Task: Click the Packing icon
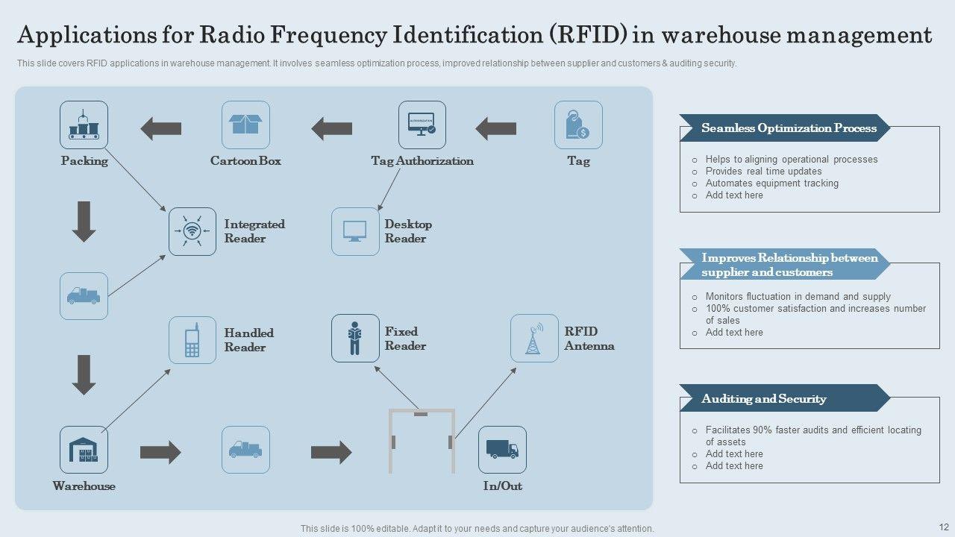[84, 125]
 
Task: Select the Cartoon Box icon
[245, 125]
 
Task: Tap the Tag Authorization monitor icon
[422, 125]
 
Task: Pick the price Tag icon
[578, 125]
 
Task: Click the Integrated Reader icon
[192, 231]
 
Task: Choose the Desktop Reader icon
[355, 231]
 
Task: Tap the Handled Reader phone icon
[192, 340]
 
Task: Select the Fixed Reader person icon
[355, 338]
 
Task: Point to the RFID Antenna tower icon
[534, 338]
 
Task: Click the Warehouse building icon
[84, 450]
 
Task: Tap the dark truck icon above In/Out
[502, 450]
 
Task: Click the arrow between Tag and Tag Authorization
[496, 128]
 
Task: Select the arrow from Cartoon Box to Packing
[161, 128]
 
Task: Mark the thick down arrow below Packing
[84, 222]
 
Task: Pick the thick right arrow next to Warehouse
[160, 452]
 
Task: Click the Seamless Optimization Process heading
[789, 128]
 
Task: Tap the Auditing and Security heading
[763, 399]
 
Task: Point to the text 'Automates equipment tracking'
[771, 183]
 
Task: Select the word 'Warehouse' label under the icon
[84, 486]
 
